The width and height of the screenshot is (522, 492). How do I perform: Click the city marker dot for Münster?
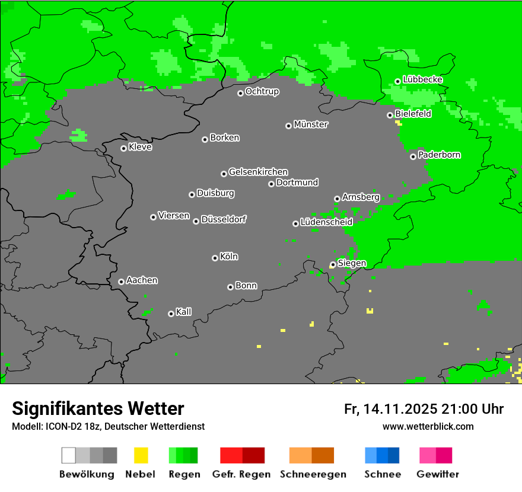(x=288, y=126)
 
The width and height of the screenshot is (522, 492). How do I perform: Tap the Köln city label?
(x=229, y=257)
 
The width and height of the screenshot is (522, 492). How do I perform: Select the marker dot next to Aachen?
(x=121, y=282)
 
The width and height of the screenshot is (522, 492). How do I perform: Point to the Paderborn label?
(x=440, y=155)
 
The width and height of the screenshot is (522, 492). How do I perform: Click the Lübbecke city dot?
(x=397, y=81)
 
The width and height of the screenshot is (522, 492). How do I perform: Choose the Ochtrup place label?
(x=262, y=91)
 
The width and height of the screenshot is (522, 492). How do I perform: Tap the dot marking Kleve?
(x=123, y=148)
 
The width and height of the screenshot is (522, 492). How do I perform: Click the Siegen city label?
(x=352, y=263)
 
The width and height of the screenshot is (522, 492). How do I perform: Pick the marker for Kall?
(x=171, y=314)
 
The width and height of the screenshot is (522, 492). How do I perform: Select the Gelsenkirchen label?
(x=258, y=172)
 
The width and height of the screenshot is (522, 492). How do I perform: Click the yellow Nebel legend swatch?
(x=141, y=455)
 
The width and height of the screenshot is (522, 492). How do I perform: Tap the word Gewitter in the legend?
(x=438, y=474)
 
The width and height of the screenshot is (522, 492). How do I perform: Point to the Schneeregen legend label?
(x=313, y=474)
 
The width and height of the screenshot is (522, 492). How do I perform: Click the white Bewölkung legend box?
(x=68, y=455)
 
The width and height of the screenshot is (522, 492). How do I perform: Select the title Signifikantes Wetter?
(x=98, y=408)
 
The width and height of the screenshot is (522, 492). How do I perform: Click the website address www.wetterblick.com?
(x=428, y=426)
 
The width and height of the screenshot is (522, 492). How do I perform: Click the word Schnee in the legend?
(x=383, y=474)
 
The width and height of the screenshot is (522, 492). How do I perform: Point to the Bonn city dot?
(x=230, y=287)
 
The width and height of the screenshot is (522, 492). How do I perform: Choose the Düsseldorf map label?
(x=224, y=219)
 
